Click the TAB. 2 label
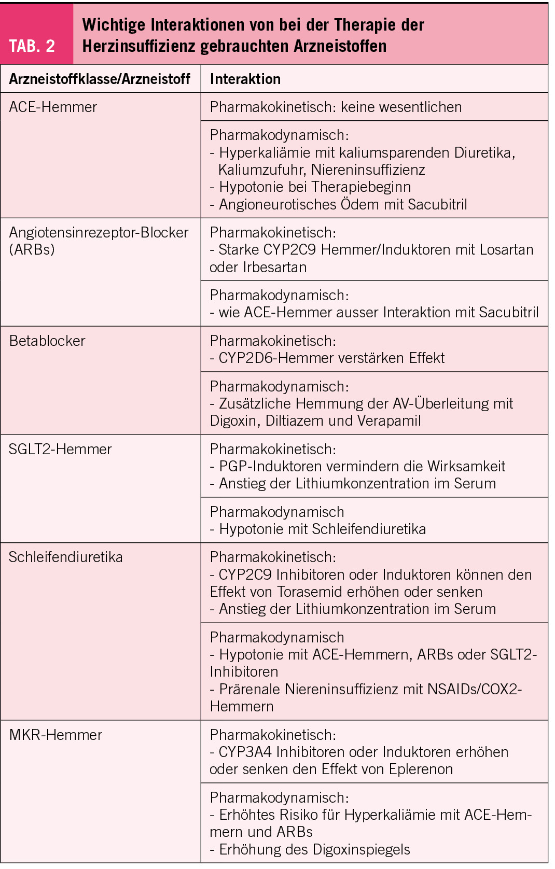(32, 46)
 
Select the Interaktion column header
(245, 79)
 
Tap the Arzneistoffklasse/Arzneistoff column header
(100, 79)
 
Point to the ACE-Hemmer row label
(53, 107)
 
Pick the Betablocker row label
(47, 341)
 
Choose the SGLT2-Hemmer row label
(60, 449)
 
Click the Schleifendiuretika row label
(66, 557)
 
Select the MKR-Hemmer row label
(55, 735)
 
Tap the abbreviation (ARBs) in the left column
(32, 249)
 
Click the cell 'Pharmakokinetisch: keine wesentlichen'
(336, 107)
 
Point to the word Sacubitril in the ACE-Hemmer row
(437, 204)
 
